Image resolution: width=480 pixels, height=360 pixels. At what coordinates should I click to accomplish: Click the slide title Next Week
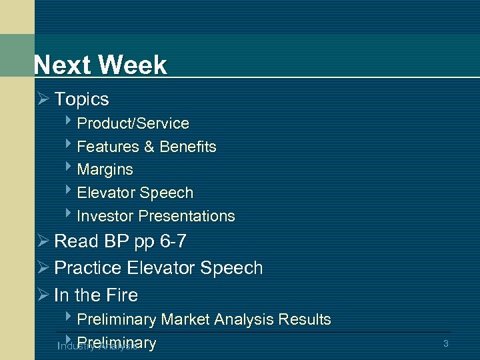(x=101, y=65)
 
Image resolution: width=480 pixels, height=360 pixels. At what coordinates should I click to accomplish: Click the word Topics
(x=81, y=99)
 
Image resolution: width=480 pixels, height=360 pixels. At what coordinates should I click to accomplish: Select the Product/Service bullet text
(x=133, y=124)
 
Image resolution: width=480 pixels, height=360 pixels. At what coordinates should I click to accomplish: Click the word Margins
(x=105, y=170)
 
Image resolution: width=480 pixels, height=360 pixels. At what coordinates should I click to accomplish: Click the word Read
(x=75, y=241)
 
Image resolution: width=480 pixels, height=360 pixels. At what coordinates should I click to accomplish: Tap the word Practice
(x=88, y=268)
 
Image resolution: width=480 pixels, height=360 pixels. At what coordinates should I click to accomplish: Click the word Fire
(x=121, y=295)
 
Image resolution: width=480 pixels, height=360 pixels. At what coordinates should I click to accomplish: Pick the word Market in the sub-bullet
(x=187, y=320)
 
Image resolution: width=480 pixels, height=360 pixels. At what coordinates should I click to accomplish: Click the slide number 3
(x=445, y=344)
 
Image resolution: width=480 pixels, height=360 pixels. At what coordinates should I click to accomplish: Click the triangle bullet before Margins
(x=69, y=168)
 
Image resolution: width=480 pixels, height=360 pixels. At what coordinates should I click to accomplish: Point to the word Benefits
(x=188, y=147)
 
